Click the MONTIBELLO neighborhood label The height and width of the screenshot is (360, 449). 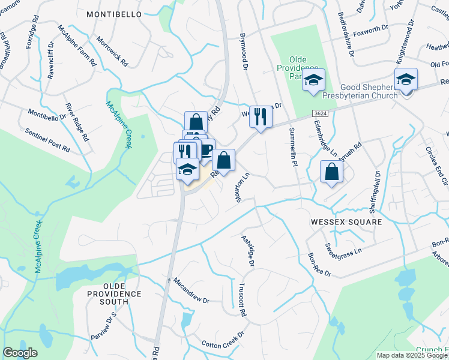(114, 14)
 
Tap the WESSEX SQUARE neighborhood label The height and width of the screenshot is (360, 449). (346, 222)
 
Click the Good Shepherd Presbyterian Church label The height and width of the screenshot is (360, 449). (369, 91)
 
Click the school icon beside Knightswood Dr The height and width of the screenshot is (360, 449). (406, 80)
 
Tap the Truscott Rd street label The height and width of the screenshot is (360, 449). (243, 300)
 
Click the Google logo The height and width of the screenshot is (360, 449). (20, 353)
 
